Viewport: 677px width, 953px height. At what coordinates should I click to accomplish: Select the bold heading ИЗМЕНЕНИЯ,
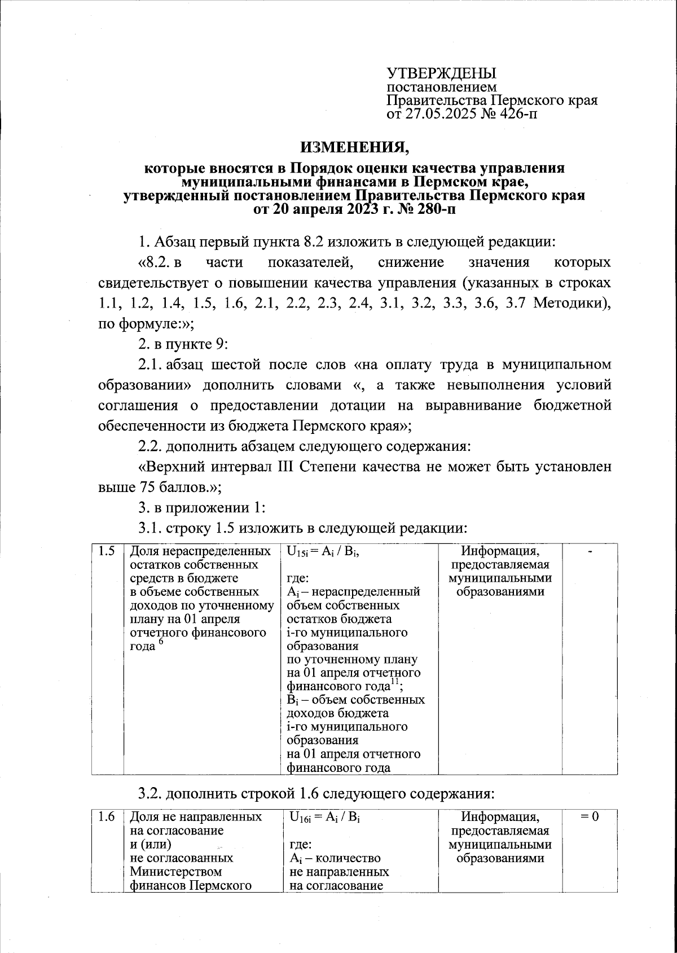353,147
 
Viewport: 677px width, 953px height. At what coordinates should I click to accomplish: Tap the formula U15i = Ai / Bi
323,552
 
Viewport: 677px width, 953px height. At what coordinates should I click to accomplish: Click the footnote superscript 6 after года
161,643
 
